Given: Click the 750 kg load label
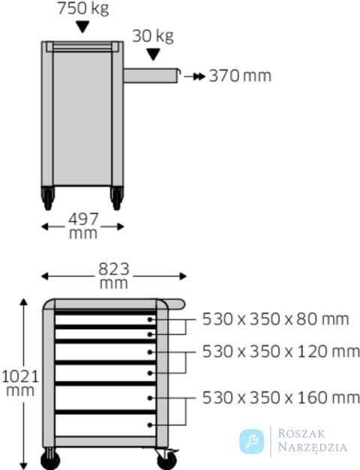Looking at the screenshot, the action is click(x=82, y=8).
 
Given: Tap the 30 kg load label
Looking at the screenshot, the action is click(x=153, y=36).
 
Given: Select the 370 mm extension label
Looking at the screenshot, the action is click(x=240, y=76).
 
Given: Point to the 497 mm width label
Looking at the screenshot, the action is click(x=83, y=226).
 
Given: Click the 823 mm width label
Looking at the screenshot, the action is click(x=114, y=276).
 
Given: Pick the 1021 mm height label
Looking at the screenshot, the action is click(x=20, y=383).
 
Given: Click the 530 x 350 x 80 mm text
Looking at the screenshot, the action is click(x=275, y=319).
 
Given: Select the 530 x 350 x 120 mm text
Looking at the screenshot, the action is click(x=280, y=352).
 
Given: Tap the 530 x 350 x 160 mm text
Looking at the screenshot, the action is click(x=280, y=398).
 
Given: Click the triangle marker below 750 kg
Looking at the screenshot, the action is click(x=82, y=27).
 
